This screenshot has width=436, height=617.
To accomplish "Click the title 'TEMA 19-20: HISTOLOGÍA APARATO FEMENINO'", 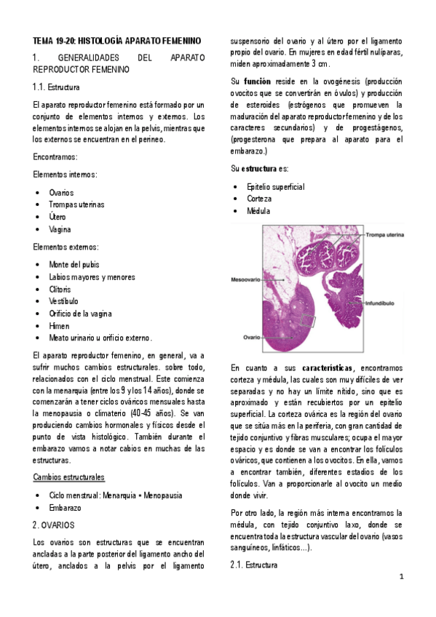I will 117,41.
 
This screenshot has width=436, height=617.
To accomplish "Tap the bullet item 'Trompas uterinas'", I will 76,205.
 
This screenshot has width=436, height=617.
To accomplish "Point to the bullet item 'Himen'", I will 59,326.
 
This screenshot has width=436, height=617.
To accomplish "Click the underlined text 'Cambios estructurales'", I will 68,477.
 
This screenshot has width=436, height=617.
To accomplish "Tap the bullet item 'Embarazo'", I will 66,507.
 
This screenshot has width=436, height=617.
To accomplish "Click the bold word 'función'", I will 258,81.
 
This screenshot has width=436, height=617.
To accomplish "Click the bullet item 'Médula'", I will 258,211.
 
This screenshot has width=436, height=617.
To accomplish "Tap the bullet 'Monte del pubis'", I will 74,264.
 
